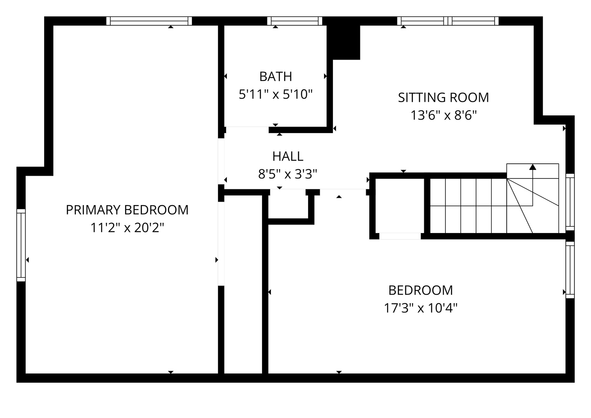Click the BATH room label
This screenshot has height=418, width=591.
[x=276, y=77]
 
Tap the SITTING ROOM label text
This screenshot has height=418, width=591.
[x=444, y=98]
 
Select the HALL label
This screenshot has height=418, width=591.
[x=288, y=156]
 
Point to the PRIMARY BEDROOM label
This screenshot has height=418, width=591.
[x=127, y=210]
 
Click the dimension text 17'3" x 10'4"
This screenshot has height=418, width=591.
[x=421, y=308]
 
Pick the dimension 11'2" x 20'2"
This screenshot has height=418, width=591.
[x=127, y=228]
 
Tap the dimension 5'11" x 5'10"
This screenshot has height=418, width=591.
[x=276, y=94]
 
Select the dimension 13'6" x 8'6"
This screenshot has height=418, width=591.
[x=444, y=115]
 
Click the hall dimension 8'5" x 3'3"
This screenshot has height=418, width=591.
[x=288, y=174]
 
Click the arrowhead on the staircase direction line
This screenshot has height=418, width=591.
[x=533, y=167]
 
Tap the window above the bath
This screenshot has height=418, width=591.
[x=295, y=21]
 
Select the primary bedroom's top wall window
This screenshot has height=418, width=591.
[x=149, y=21]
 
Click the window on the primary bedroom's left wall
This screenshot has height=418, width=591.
[x=21, y=245]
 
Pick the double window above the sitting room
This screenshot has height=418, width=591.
[x=448, y=21]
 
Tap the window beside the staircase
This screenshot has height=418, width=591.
[x=570, y=202]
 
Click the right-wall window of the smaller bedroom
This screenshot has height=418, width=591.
[x=570, y=270]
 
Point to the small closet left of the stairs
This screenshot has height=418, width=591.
[x=400, y=206]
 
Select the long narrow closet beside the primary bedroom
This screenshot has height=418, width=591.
[x=243, y=284]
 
